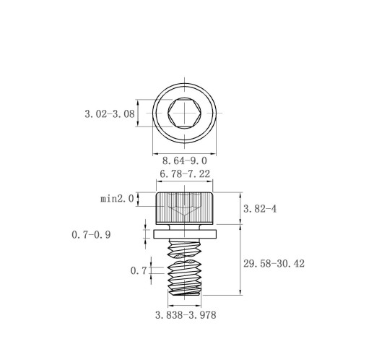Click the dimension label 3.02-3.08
pyautogui.click(x=110, y=113)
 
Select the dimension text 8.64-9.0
pyautogui.click(x=185, y=160)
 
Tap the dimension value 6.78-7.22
pyautogui.click(x=185, y=173)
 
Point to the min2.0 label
pyautogui.click(x=117, y=199)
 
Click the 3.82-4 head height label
pyautogui.click(x=260, y=209)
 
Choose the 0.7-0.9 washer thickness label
pyautogui.click(x=91, y=235)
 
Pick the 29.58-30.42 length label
pyautogui.click(x=274, y=264)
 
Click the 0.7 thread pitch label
pyautogui.click(x=139, y=271)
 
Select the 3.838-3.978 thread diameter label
pyautogui.click(x=186, y=315)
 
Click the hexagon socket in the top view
pyautogui.click(x=185, y=113)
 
